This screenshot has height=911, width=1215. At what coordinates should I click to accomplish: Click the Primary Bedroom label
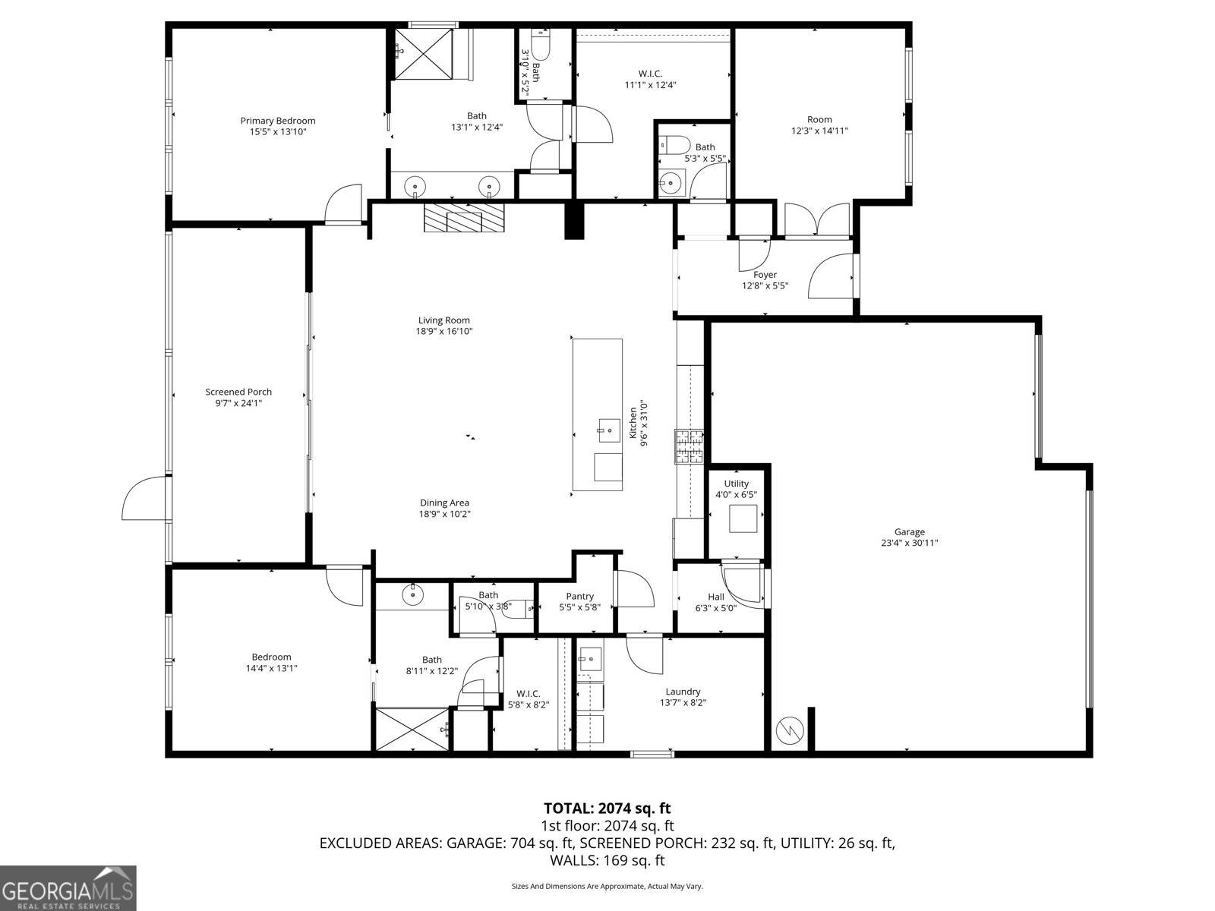(x=277, y=121)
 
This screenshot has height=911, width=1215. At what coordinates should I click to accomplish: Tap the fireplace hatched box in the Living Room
(x=463, y=218)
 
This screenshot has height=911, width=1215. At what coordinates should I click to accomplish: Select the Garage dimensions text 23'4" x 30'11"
(x=909, y=543)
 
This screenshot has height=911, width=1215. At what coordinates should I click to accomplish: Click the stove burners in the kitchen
(x=690, y=446)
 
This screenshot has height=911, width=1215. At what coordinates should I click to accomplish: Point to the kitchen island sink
(x=607, y=430)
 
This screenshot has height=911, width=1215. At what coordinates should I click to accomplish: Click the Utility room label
(x=736, y=484)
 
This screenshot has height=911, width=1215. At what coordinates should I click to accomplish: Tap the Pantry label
(x=579, y=597)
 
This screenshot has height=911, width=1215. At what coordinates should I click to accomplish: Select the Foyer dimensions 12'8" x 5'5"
(x=765, y=286)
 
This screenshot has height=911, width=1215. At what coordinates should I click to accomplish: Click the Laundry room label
(x=683, y=692)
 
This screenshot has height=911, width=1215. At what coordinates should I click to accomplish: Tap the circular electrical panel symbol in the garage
(x=787, y=730)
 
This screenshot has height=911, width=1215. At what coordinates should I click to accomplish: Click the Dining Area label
(x=444, y=503)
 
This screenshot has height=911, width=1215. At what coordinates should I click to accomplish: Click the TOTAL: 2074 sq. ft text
(x=607, y=809)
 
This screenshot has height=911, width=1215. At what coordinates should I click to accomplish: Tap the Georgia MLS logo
(x=68, y=887)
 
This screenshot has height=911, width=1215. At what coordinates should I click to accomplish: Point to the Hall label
(x=715, y=597)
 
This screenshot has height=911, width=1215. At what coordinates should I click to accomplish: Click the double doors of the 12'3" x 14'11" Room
(x=817, y=220)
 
